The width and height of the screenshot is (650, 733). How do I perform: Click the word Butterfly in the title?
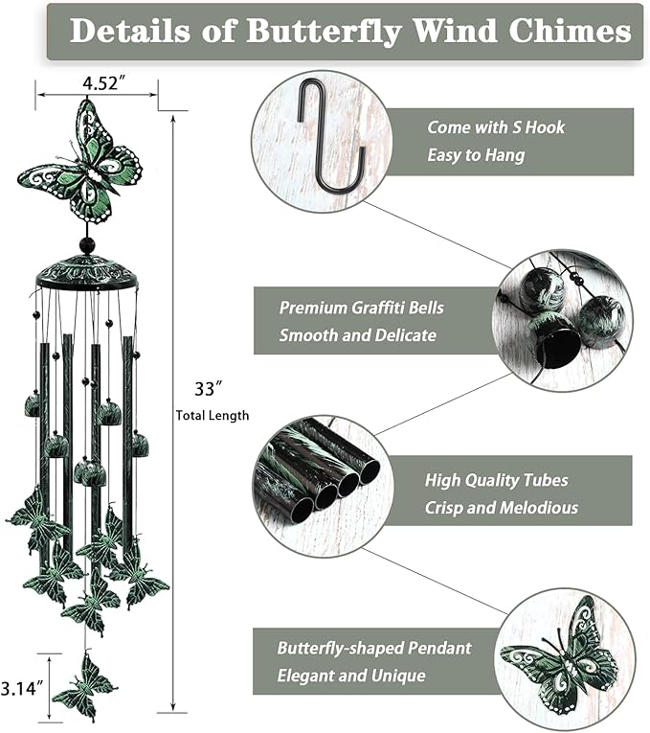pos(325,31)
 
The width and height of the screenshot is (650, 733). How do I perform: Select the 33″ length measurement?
pos(206,389)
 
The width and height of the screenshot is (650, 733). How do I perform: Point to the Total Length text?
pos(212,415)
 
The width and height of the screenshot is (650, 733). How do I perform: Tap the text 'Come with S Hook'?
pos(496,127)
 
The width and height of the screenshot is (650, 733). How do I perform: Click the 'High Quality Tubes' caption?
pos(496,481)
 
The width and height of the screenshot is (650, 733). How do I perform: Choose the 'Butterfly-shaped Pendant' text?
pos(374,648)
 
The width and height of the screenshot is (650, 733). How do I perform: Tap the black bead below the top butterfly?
pos(87,246)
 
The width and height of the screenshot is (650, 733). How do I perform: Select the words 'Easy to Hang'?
pos(476,154)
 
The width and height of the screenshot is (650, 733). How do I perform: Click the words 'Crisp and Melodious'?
pos(502,508)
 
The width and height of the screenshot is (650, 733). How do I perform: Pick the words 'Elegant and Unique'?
pos(351,676)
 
